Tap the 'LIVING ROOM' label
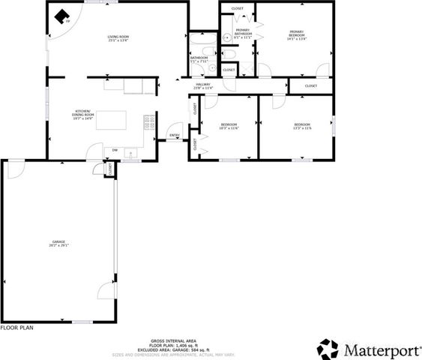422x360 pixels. (x=119, y=36)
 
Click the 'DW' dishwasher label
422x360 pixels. (x=115, y=150)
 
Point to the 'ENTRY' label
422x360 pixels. (x=175, y=136)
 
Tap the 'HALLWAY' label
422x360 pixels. (x=203, y=85)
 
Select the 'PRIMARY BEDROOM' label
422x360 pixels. (x=298, y=32)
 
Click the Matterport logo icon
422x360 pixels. (x=328, y=349)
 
